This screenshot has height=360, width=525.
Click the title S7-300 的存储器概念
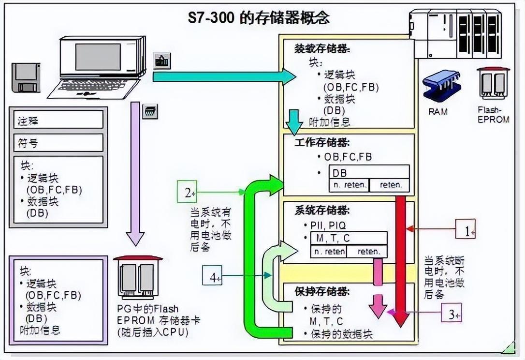click(259, 18)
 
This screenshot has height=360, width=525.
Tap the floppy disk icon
click(26, 77)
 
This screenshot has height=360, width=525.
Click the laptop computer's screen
click(98, 57)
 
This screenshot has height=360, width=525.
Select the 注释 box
click(58, 120)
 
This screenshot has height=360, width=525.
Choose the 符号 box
click(58, 143)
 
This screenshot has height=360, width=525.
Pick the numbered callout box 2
click(187, 192)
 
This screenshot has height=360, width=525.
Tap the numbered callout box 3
click(451, 313)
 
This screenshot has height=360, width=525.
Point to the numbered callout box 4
click(212, 276)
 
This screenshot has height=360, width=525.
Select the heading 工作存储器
click(322, 143)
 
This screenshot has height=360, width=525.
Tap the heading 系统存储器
click(322, 211)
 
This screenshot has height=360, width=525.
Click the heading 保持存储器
click(322, 291)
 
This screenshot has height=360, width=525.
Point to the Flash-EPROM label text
click(493, 115)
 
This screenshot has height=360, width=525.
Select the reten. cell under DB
click(391, 184)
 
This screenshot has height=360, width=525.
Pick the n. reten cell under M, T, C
click(329, 252)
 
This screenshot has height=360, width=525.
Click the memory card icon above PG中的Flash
click(137, 277)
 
